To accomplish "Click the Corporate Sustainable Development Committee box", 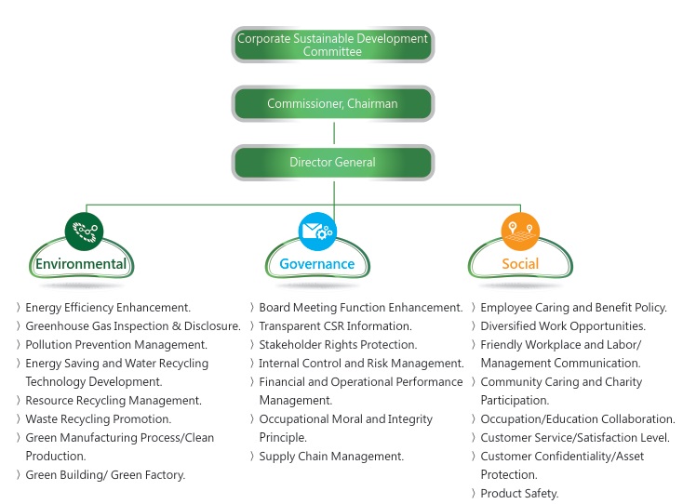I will point(332,45).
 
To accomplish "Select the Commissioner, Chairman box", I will point(332,103).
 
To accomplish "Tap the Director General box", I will point(332,162).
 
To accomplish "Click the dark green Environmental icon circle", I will point(84,230).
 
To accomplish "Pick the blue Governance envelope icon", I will point(316,230).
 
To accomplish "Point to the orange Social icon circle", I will point(519,230).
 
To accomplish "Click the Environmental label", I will point(81,264).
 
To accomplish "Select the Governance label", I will point(316,264).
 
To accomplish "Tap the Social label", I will point(519,264).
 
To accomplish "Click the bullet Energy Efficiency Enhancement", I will point(107,308).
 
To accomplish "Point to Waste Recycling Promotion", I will point(98,419).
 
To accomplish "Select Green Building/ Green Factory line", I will point(105,475).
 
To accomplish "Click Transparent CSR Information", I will point(335,326).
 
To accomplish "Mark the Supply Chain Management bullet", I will point(331,457).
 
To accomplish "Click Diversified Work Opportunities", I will point(563,326).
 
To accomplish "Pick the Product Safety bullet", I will point(519,494).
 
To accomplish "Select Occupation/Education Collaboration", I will point(577,419).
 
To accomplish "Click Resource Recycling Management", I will point(113,401).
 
